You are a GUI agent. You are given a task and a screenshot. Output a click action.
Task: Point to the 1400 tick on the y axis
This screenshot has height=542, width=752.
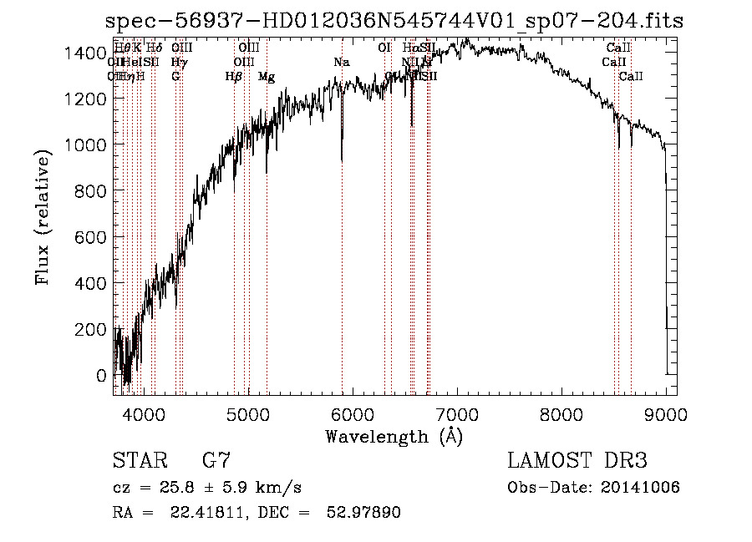tap(85, 53)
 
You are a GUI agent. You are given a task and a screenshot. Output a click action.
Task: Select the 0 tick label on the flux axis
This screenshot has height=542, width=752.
tap(103, 376)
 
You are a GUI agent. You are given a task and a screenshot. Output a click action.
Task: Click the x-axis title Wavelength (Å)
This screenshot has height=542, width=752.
tap(394, 436)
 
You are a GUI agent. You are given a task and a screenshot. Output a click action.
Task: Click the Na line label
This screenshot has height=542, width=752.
tap(341, 62)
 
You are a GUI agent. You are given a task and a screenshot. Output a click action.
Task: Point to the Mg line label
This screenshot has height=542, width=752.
tap(267, 77)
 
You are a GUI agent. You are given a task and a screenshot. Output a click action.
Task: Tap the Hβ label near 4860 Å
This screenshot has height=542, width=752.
tap(234, 77)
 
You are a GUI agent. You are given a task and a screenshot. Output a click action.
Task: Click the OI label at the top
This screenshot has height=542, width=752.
tap(384, 48)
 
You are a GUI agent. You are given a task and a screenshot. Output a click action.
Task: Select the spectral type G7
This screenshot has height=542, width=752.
tap(216, 461)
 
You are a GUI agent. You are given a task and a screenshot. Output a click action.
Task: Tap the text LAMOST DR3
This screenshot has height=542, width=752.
tap(577, 461)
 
